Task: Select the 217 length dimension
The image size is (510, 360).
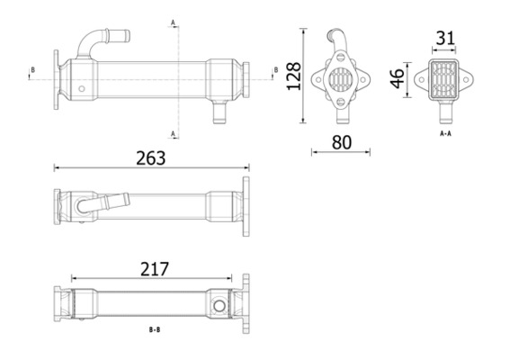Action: click(x=156, y=268)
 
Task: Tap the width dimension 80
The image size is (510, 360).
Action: click(x=341, y=141)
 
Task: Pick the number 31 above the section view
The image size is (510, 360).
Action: click(x=444, y=39)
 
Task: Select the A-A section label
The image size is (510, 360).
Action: click(x=444, y=133)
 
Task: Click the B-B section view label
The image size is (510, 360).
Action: click(x=155, y=330)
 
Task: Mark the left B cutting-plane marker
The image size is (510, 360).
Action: click(x=33, y=69)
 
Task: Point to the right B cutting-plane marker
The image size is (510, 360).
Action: click(x=274, y=69)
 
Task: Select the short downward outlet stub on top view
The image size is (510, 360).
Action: click(x=217, y=112)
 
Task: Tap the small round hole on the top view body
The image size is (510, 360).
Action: click(x=83, y=89)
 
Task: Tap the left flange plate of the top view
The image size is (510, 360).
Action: click(x=57, y=76)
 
